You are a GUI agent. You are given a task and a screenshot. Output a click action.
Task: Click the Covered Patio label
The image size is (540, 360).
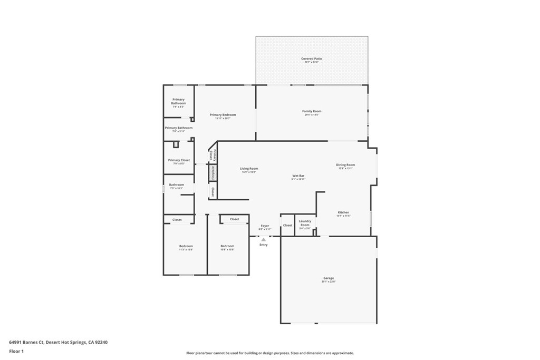(311, 59)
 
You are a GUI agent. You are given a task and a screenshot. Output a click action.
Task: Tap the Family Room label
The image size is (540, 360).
(312, 112)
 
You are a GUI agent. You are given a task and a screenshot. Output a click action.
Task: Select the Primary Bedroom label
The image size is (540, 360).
(223, 115)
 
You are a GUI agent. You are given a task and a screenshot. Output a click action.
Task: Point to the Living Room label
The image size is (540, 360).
(249, 169)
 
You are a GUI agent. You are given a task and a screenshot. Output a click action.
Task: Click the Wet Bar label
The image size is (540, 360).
(298, 176)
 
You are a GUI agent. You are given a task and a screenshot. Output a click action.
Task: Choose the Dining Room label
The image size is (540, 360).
(345, 165)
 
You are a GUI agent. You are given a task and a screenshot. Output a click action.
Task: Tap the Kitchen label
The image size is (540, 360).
(343, 212)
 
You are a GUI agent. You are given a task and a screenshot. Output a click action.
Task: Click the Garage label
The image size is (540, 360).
(329, 278)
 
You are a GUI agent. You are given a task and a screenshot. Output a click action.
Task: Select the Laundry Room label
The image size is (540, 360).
(305, 223)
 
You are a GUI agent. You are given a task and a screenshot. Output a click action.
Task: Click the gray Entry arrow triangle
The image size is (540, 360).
(264, 239)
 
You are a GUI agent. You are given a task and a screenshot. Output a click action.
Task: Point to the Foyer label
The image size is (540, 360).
(265, 226)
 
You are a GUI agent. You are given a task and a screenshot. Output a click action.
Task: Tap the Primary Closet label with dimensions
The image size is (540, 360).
(179, 160)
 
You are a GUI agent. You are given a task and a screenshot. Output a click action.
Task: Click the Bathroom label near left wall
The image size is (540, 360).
(176, 185)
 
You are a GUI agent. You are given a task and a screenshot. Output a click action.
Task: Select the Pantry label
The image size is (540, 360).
(213, 172)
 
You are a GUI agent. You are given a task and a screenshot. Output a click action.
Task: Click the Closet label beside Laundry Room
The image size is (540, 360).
(287, 226)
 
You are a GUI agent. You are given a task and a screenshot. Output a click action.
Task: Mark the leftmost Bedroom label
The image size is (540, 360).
(186, 246)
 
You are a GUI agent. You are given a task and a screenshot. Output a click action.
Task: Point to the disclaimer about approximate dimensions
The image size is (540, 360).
(269, 353)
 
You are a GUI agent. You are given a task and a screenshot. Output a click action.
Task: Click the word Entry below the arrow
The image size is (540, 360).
(264, 245)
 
